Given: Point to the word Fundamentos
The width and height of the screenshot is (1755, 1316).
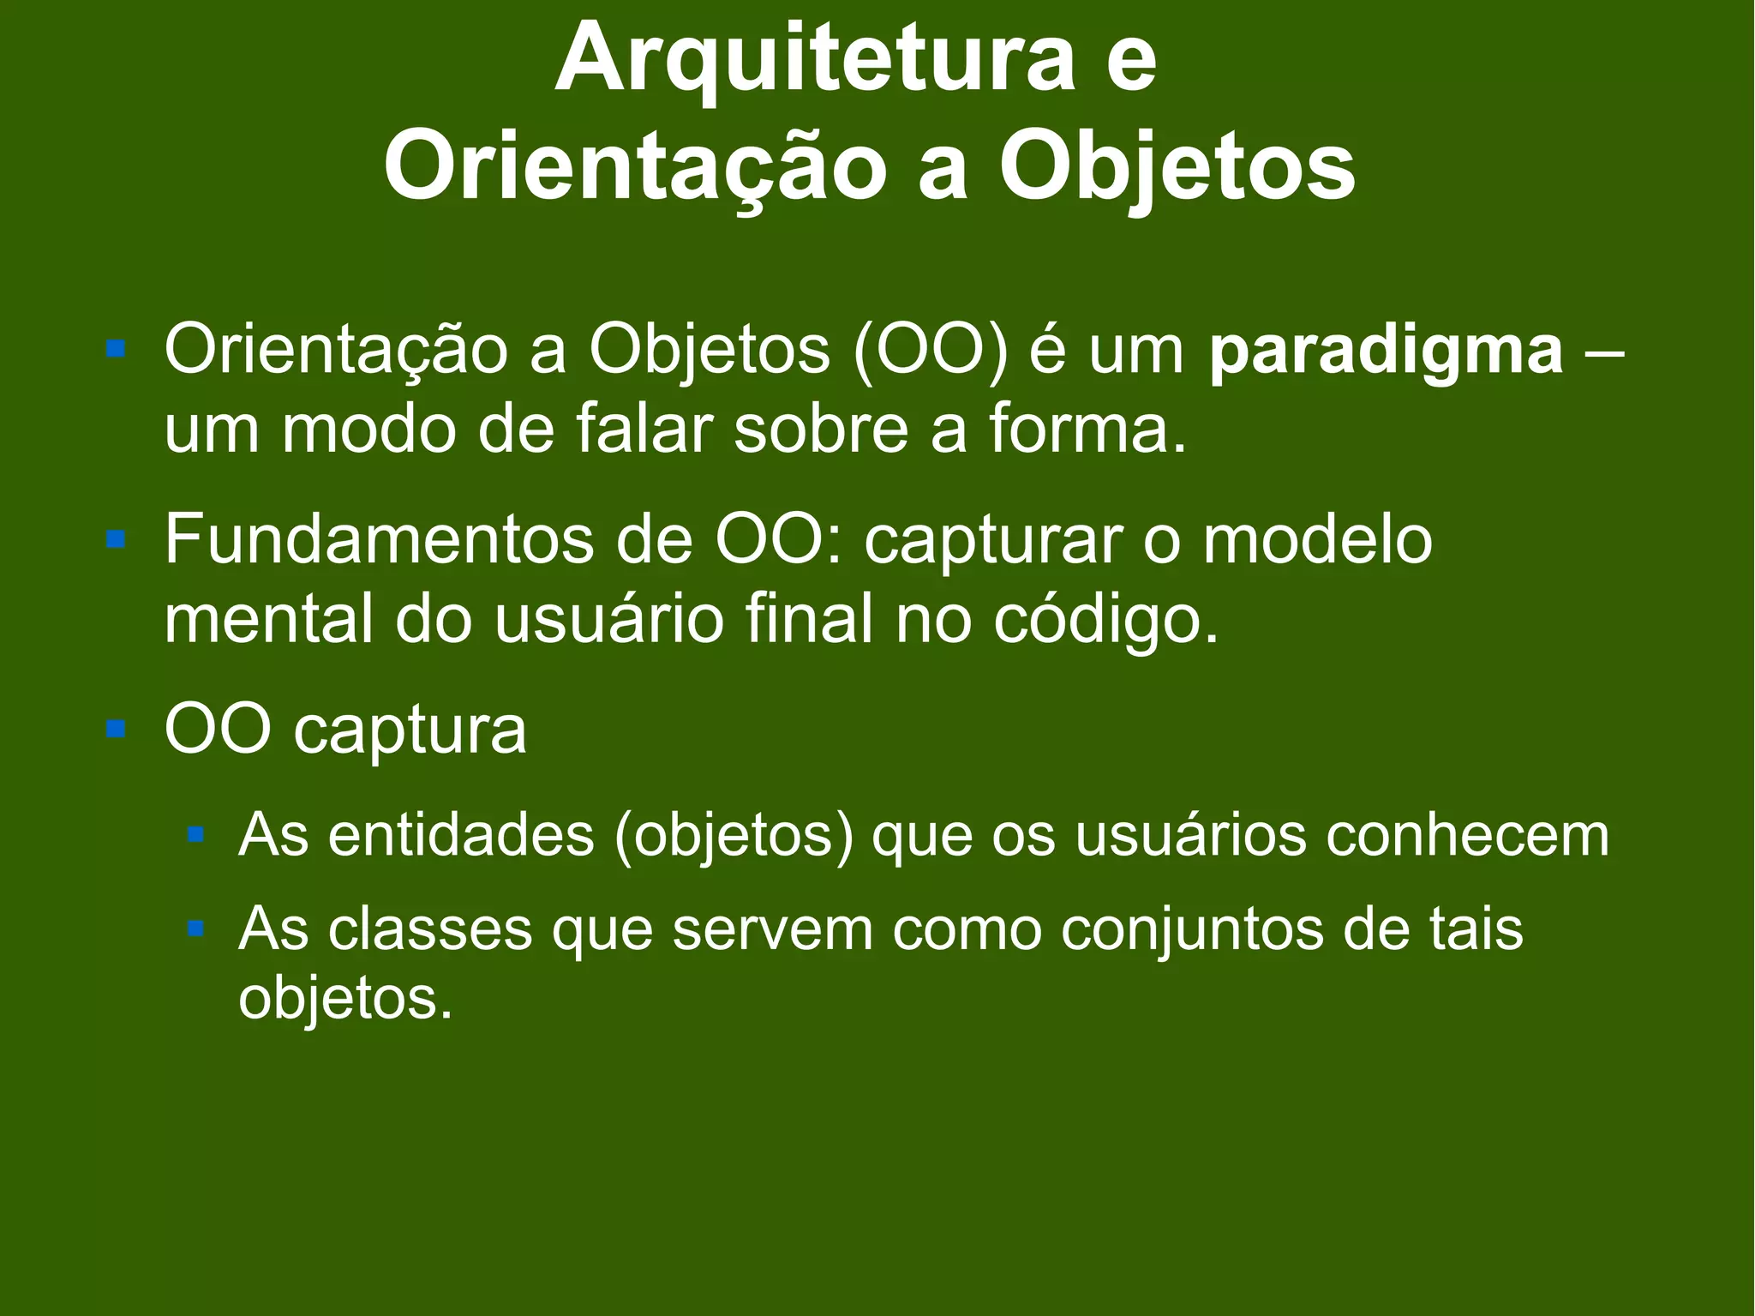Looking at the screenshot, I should click(378, 540).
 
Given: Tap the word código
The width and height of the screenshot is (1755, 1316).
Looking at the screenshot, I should click(1106, 621).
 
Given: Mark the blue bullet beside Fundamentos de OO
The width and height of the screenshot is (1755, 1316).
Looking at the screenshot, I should click(116, 539).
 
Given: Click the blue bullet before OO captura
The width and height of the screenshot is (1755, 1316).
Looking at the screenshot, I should click(116, 729).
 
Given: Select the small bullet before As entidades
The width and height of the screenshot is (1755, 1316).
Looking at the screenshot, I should click(195, 833).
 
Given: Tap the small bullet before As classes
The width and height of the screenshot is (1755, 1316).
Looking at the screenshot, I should click(195, 928).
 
